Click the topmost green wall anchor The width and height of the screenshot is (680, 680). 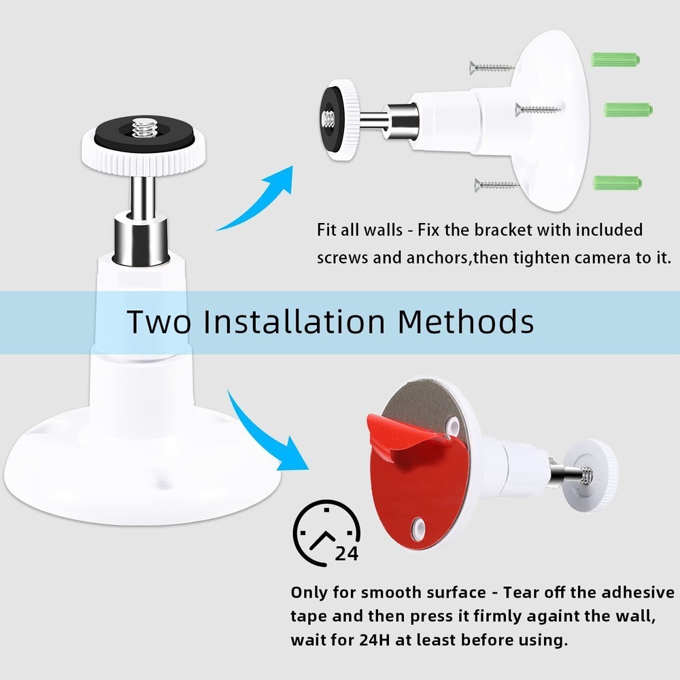615,59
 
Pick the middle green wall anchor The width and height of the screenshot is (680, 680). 628,109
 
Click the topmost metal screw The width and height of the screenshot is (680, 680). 491,67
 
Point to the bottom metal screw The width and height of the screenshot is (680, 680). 497,184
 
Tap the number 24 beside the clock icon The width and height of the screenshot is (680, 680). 346,554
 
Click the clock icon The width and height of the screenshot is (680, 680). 324,533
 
